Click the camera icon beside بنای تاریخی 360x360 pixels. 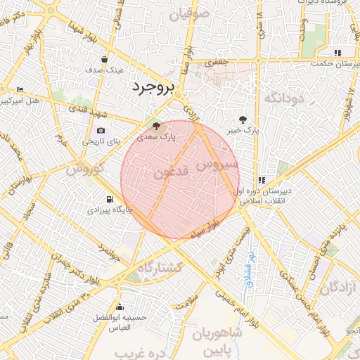click(x=101, y=131)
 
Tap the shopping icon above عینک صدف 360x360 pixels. click(x=104, y=60)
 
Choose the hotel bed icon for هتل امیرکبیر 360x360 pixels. click(x=20, y=90)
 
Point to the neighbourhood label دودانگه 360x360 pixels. click(x=284, y=98)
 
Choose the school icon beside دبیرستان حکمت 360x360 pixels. click(x=337, y=53)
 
